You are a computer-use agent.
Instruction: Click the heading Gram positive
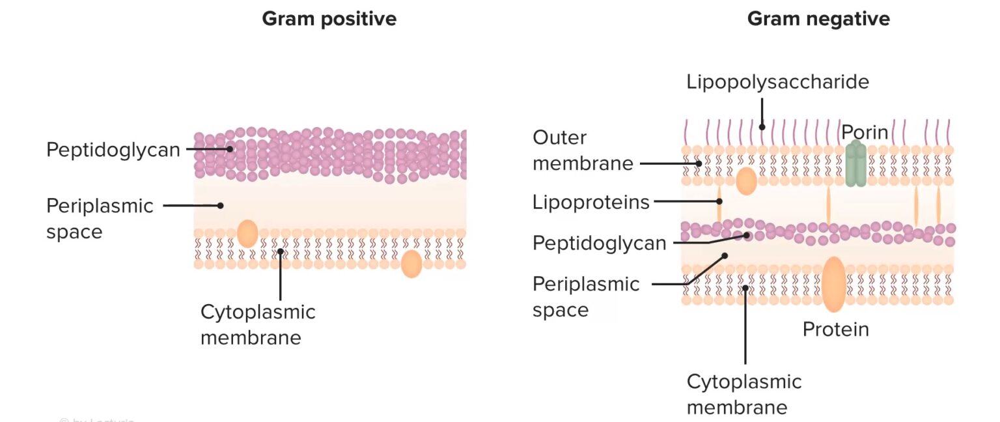(x=329, y=19)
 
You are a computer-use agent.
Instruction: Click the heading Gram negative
(x=818, y=19)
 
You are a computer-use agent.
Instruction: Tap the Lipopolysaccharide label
(x=778, y=82)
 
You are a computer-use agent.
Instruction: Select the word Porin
(x=865, y=132)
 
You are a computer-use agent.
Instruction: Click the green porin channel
(x=856, y=165)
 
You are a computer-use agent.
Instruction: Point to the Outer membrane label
(x=582, y=150)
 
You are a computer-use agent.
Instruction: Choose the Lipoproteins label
(x=591, y=203)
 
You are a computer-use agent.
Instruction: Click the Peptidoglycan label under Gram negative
(x=599, y=244)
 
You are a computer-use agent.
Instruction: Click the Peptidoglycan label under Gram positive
(x=113, y=150)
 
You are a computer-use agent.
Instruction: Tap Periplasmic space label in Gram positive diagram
(x=100, y=219)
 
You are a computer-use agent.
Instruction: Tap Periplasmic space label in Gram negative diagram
(x=586, y=297)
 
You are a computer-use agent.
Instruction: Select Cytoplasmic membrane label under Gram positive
(x=258, y=324)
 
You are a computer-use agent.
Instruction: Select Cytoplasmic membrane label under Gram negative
(x=744, y=394)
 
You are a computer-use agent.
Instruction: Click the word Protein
(x=835, y=330)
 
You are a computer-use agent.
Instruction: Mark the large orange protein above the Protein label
(x=833, y=284)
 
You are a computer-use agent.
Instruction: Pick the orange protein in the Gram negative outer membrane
(x=746, y=182)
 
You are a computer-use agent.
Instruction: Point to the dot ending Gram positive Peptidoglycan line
(x=230, y=149)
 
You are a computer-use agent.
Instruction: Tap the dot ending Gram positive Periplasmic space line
(x=221, y=205)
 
